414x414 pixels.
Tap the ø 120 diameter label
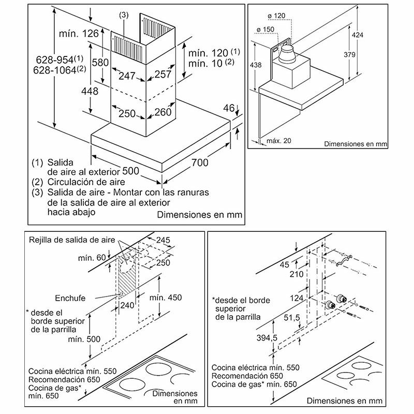coord(279,16)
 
